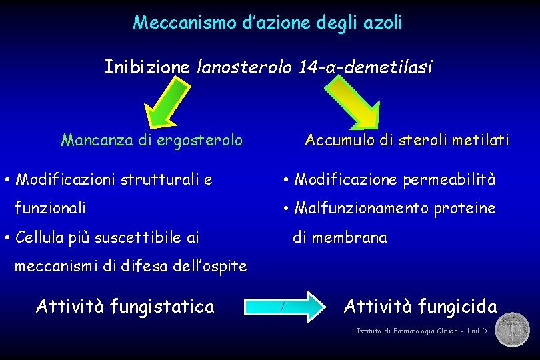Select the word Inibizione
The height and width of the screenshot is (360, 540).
tap(147, 67)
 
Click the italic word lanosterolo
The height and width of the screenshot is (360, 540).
tap(243, 67)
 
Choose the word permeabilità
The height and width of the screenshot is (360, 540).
tap(449, 179)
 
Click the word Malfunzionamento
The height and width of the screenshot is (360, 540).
tap(361, 209)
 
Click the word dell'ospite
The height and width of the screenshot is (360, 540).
tap(207, 267)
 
